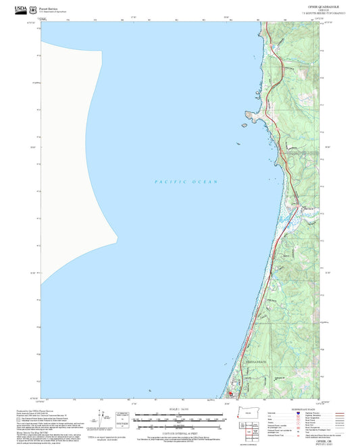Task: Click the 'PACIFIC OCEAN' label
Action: pos(186,182)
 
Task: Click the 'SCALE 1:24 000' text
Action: pos(179,411)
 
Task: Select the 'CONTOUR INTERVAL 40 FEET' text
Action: pos(179,432)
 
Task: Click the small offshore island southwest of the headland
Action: pos(238,144)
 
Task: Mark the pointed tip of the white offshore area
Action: pos(118,237)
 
